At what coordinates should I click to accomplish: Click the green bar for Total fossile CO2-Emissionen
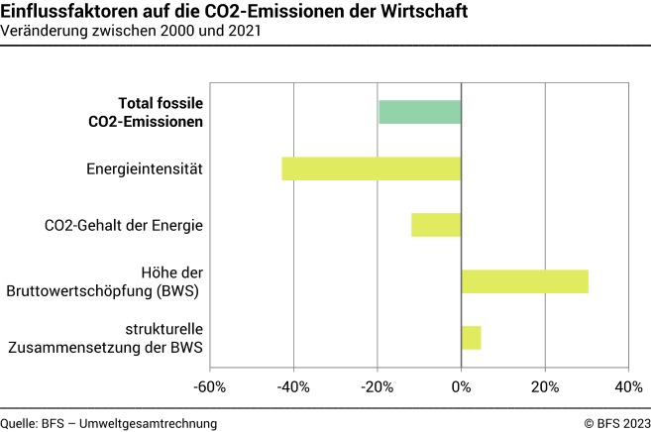[x=420, y=112]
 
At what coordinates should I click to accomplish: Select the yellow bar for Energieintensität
[x=372, y=168]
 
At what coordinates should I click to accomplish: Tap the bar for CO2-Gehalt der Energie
[x=436, y=225]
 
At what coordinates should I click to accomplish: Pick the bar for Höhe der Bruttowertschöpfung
[x=524, y=281]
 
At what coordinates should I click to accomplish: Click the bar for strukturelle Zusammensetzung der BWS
[x=471, y=338]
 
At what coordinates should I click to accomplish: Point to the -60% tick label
[x=210, y=385]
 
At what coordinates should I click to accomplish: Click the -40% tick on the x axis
[x=294, y=385]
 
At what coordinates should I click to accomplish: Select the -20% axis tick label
[x=378, y=385]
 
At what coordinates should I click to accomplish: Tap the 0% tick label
[x=462, y=385]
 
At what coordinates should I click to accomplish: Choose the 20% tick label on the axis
[x=545, y=385]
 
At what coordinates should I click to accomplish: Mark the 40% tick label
[x=628, y=385]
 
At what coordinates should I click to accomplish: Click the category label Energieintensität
[x=145, y=169]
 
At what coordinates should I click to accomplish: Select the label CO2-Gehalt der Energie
[x=124, y=226]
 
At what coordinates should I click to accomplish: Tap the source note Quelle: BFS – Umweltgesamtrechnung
[x=109, y=423]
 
